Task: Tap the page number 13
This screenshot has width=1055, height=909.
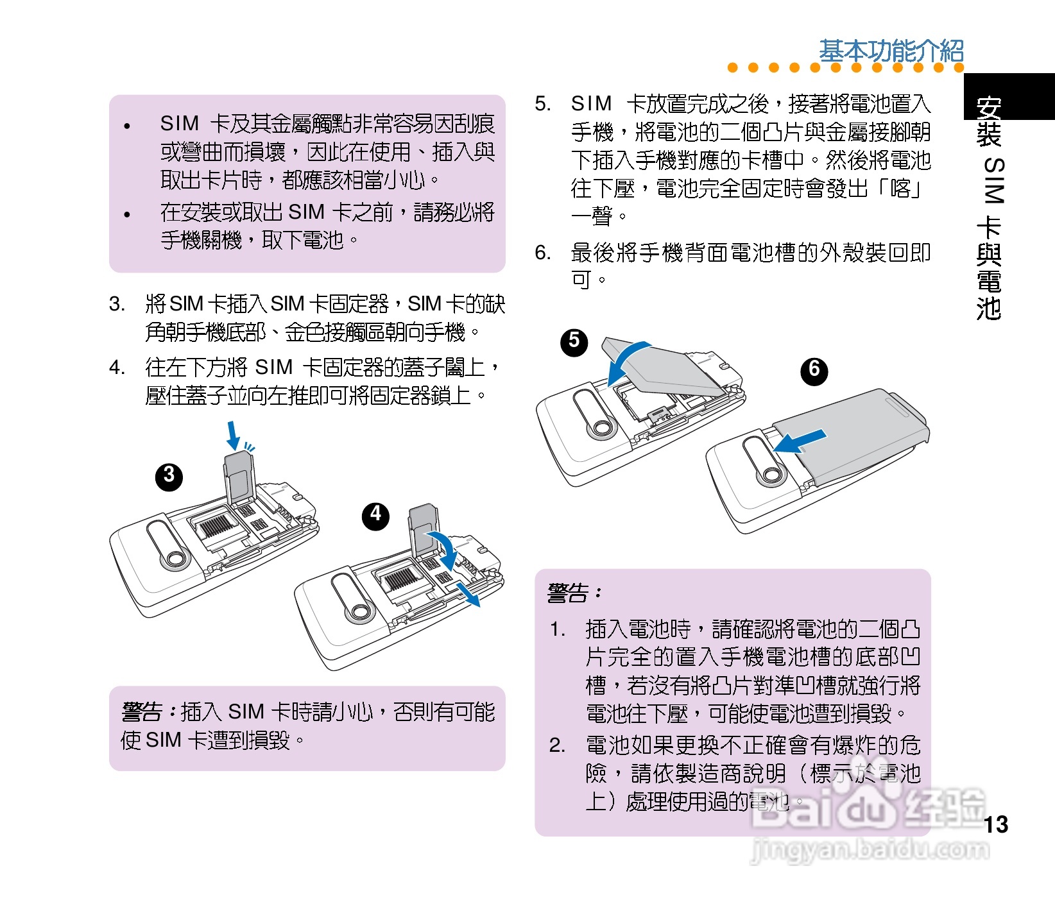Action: [995, 824]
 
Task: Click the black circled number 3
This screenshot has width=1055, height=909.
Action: [169, 476]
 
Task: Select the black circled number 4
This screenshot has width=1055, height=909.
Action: [375, 515]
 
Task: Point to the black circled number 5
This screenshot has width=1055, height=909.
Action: [574, 342]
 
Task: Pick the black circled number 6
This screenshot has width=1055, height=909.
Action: [814, 370]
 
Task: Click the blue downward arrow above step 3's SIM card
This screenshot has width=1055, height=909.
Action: [234, 436]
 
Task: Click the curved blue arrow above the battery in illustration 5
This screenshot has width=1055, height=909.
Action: [626, 359]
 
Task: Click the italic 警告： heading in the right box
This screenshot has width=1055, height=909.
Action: [574, 593]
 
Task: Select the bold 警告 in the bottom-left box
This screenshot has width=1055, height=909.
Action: [142, 711]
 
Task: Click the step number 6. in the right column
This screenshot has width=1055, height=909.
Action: [543, 252]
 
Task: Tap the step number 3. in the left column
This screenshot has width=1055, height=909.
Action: [117, 303]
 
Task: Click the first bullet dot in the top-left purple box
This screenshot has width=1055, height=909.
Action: [127, 126]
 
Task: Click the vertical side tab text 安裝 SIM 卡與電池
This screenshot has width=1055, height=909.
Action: [989, 208]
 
